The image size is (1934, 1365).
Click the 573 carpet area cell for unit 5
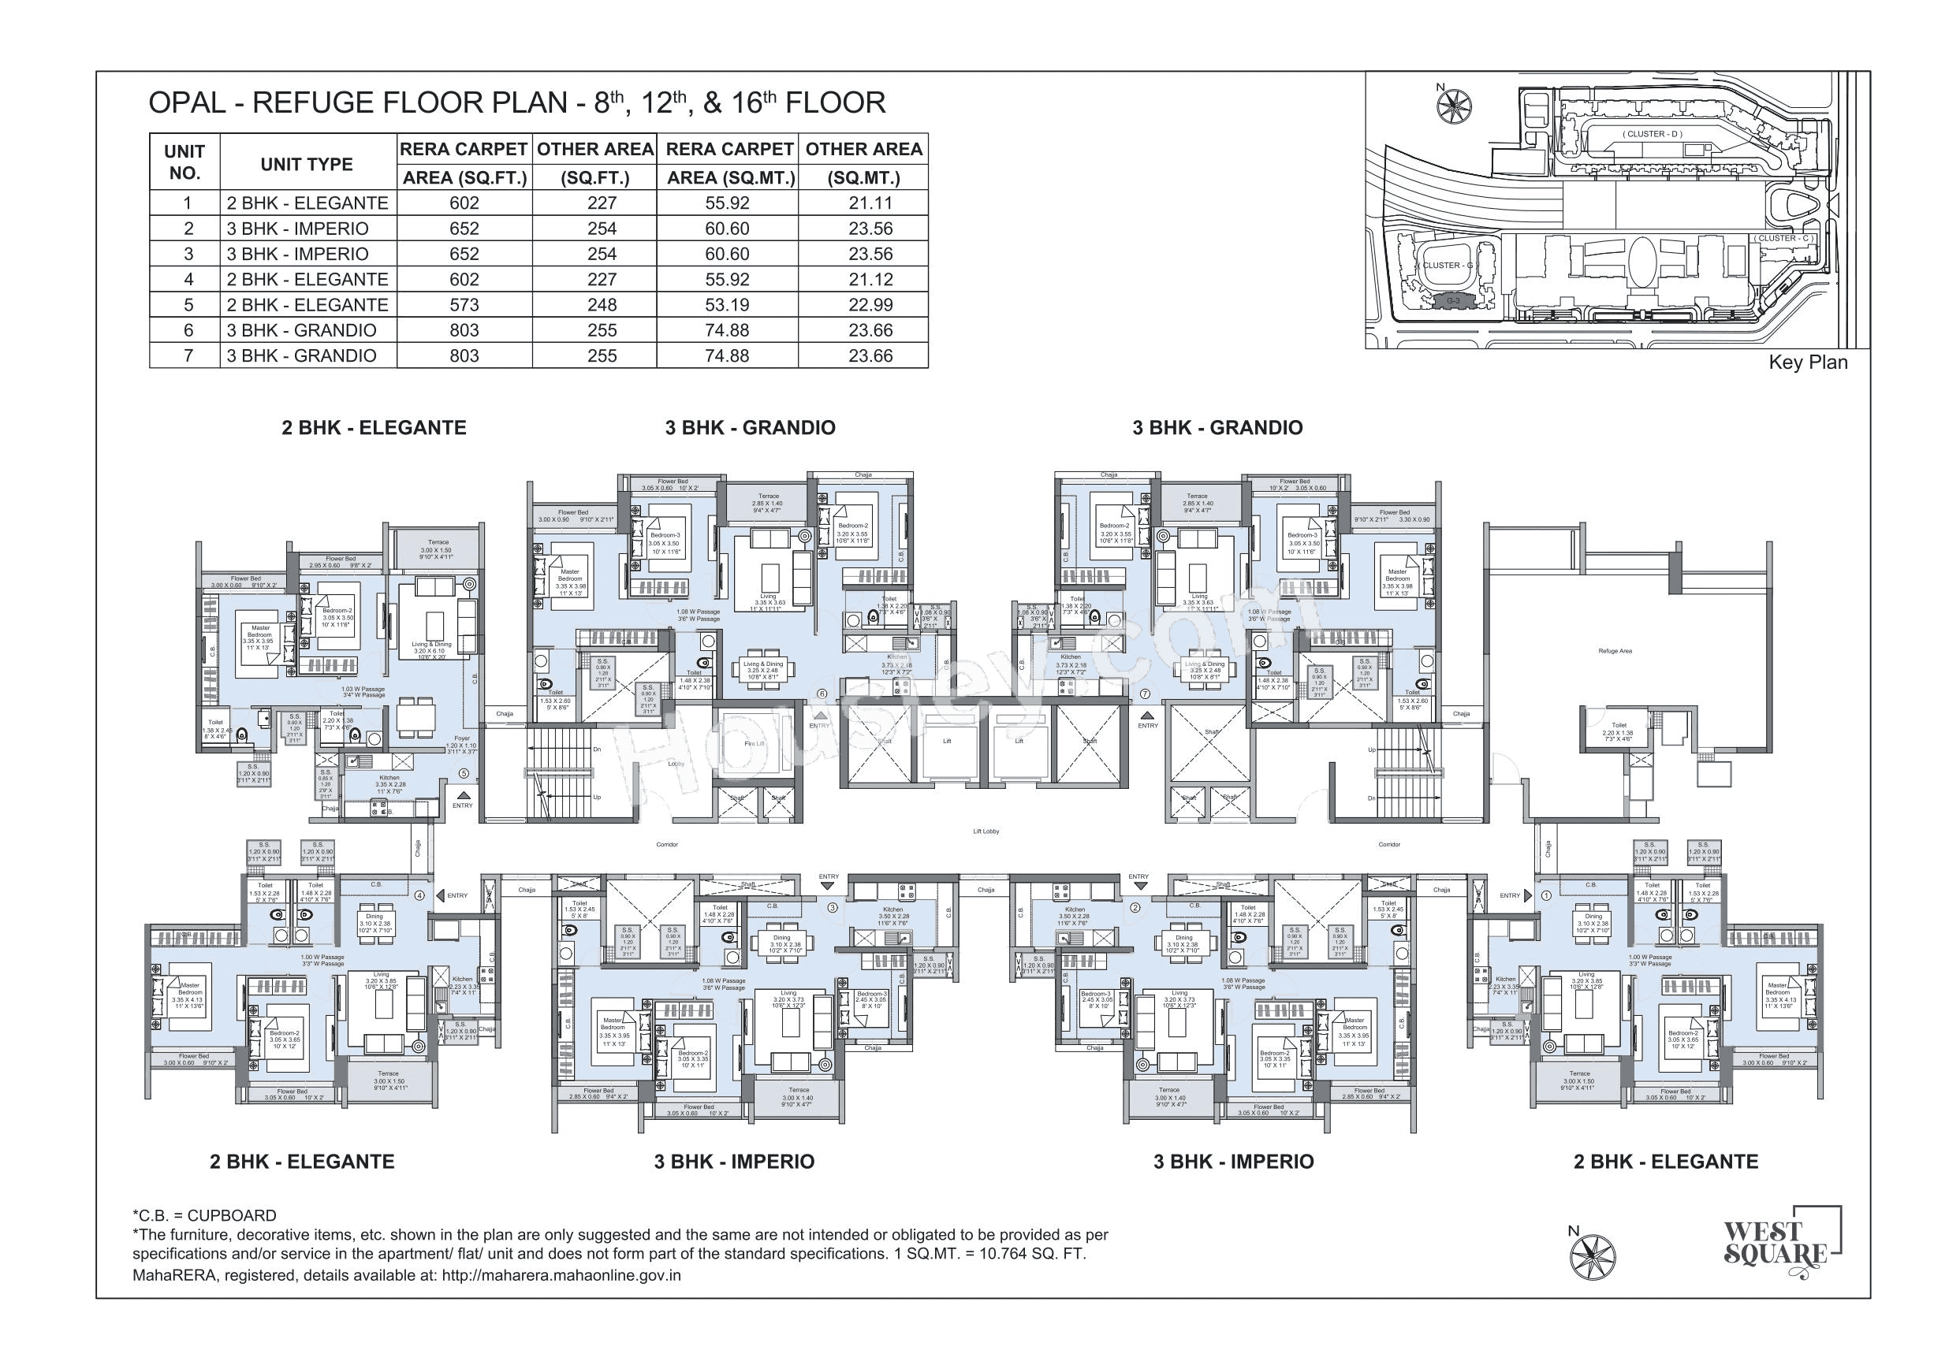pyautogui.click(x=464, y=305)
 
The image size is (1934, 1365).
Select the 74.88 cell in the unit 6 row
pyautogui.click(x=726, y=330)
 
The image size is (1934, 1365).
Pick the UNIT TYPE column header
pyautogui.click(x=307, y=164)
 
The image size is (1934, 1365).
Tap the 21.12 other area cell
pyautogui.click(x=870, y=280)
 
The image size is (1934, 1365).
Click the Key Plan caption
pyautogui.click(x=1808, y=363)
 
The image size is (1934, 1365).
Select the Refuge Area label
pyautogui.click(x=1615, y=651)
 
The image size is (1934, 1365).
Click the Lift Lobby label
pyautogui.click(x=986, y=831)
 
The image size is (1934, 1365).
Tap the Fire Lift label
pyautogui.click(x=753, y=743)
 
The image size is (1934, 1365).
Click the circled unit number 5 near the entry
pyautogui.click(x=464, y=773)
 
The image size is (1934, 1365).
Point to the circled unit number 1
pyautogui.click(x=1545, y=896)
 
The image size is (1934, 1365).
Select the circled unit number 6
pyautogui.click(x=822, y=694)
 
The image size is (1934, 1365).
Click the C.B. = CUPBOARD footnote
pyautogui.click(x=205, y=1215)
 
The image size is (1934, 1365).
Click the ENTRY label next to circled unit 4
pyautogui.click(x=457, y=896)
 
